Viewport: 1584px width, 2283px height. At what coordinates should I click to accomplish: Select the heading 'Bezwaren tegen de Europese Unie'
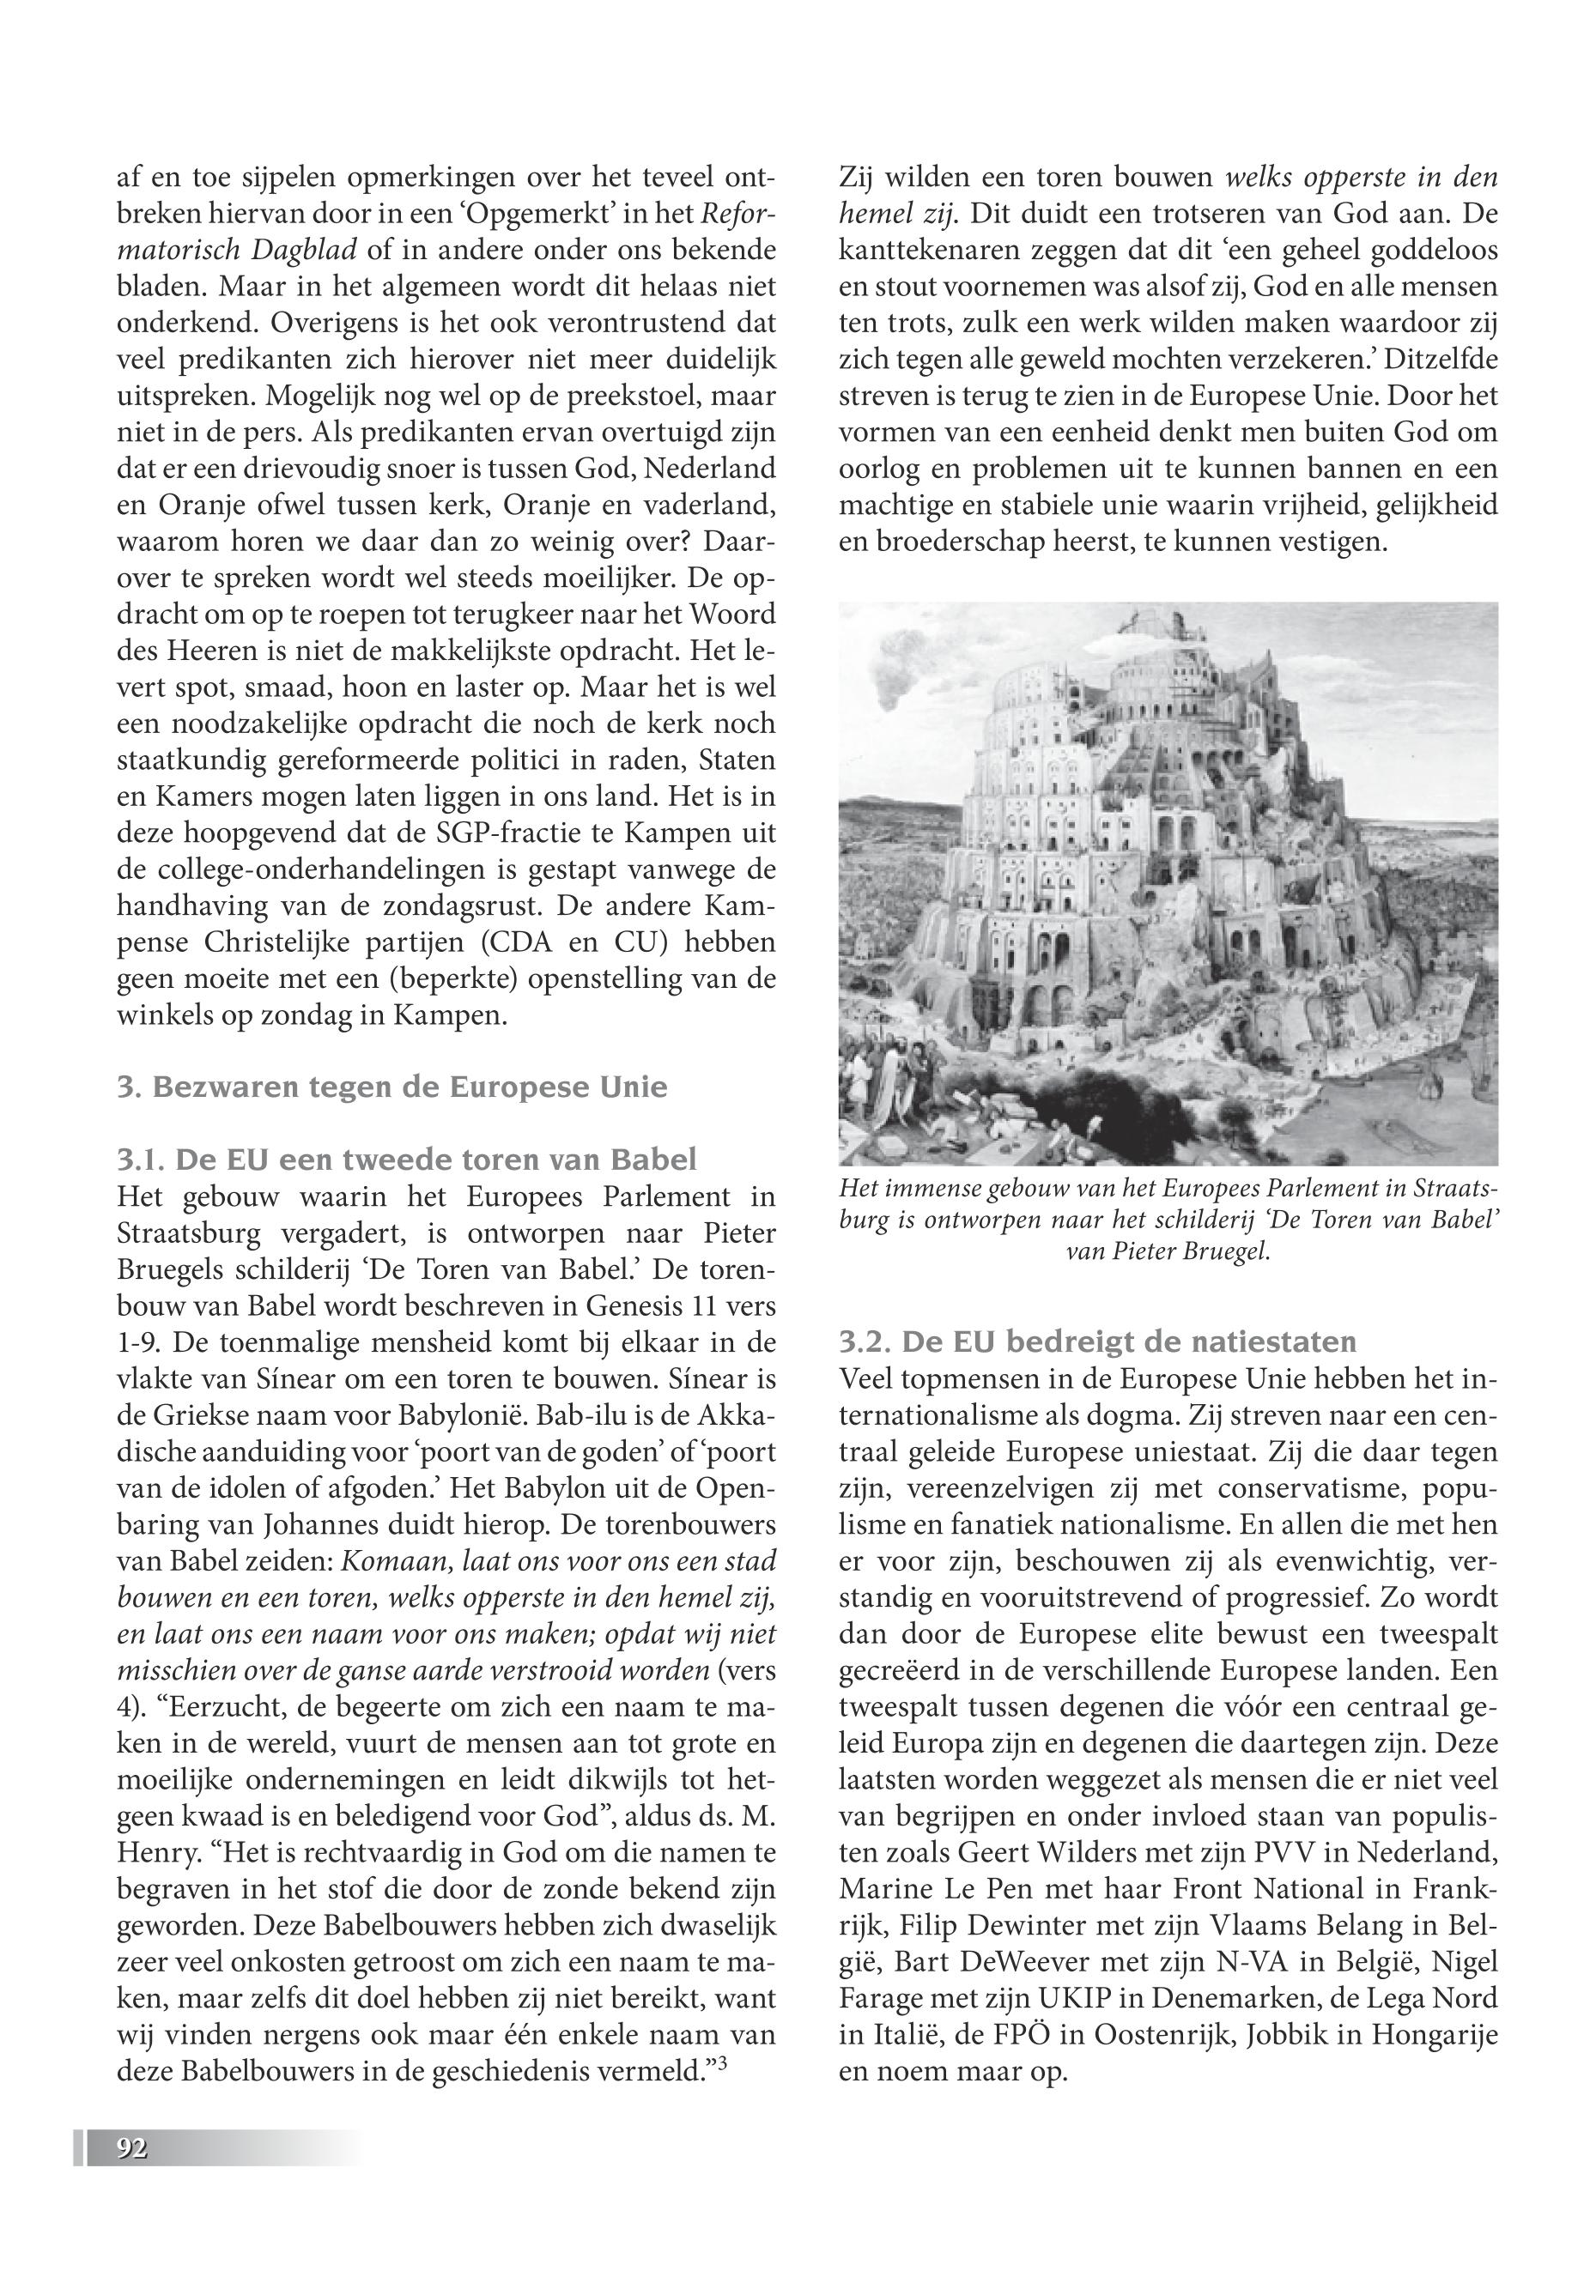click(x=392, y=1087)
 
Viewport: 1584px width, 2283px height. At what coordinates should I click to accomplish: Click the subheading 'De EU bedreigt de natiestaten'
click(x=1096, y=1341)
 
